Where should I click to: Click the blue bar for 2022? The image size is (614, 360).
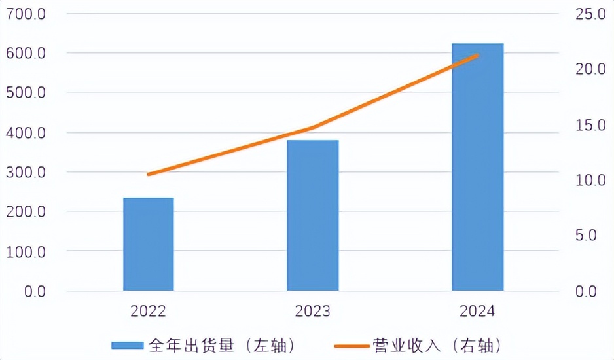(x=149, y=243)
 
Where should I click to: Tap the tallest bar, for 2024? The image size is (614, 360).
(x=478, y=167)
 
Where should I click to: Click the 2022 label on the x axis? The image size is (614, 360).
(x=149, y=311)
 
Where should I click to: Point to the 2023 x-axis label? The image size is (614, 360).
(x=313, y=311)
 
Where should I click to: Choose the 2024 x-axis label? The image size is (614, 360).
(x=478, y=311)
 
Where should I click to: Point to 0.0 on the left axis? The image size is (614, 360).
(x=31, y=291)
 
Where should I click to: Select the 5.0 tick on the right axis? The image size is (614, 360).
(x=587, y=236)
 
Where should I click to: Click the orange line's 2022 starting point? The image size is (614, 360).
(x=149, y=174)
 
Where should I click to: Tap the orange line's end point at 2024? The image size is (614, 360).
(x=478, y=56)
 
